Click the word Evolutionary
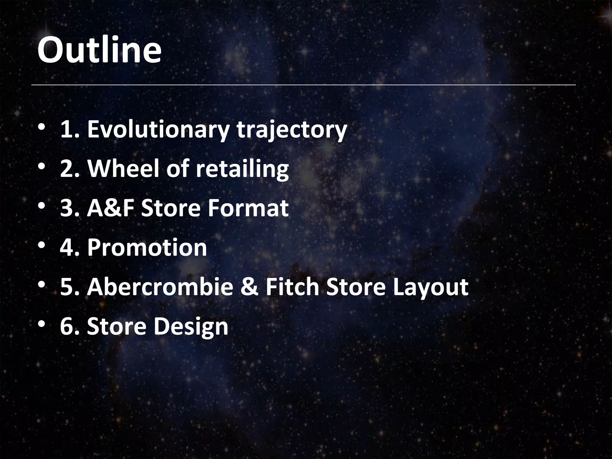[159, 130]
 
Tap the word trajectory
[292, 130]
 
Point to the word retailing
[242, 169]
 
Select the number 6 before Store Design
[68, 326]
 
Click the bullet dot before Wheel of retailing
[42, 166]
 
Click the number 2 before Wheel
[68, 169]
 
